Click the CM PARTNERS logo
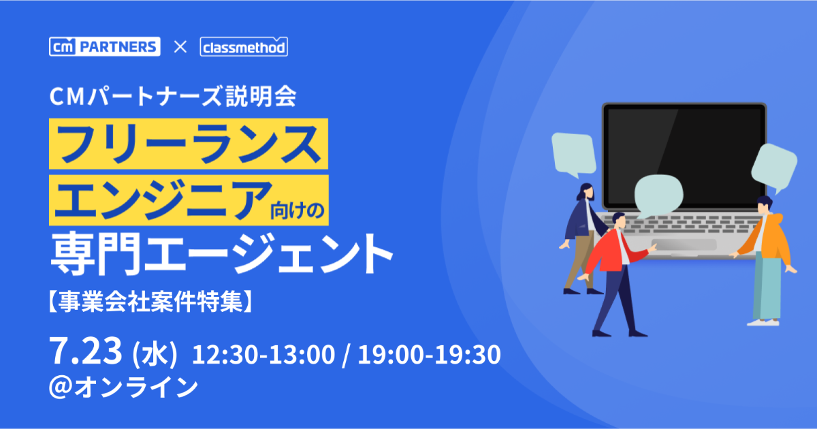coord(105,47)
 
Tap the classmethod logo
coord(244,47)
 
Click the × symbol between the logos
coord(180,47)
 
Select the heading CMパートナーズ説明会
coord(173,97)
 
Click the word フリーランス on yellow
coord(189,144)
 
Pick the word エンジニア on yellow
coord(163,200)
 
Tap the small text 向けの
coord(298,210)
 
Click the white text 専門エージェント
coord(221,253)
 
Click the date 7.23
coord(86,351)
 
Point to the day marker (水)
coord(155,354)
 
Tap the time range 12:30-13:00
coord(263,355)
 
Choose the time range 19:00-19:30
coord(429,355)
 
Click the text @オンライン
coord(124,387)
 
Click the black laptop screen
coord(684,156)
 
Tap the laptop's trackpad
coord(684,244)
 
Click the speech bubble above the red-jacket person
coord(658,195)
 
